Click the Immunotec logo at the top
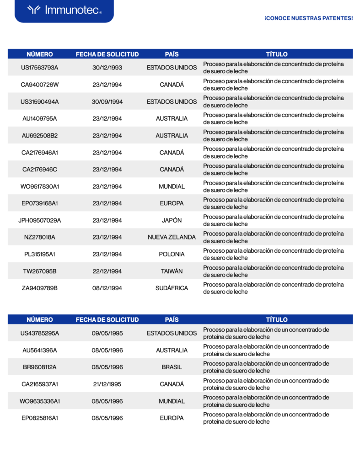pos(64,10)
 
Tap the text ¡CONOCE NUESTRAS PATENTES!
pos(308,18)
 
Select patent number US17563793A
pos(40,68)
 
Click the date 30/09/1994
pos(107,101)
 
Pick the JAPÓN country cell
pos(172,220)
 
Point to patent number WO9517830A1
pos(40,186)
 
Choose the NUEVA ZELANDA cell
pos(172,237)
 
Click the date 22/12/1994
pos(107,271)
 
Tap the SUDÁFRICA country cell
pos(172,288)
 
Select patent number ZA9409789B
pos(40,288)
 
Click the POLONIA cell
pos(172,254)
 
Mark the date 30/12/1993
pos(107,68)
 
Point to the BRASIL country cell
pos(172,367)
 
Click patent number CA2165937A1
pos(40,384)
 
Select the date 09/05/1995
pos(107,333)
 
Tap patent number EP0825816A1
pos(40,418)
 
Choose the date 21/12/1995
pos(107,384)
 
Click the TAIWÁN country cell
pos(172,271)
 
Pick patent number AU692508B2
pos(40,135)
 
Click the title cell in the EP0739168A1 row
pos(273,203)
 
